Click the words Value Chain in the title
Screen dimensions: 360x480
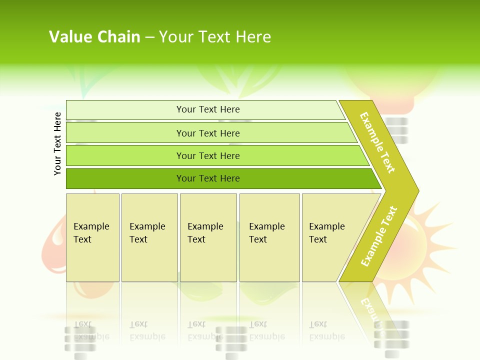coord(94,37)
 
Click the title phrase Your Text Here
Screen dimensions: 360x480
coord(215,37)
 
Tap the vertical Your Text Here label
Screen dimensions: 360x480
coord(57,143)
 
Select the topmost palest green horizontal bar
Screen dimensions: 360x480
coord(125,110)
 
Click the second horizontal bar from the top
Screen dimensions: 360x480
coord(125,133)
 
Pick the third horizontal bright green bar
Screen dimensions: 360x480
coord(125,155)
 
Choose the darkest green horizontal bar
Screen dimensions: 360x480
coord(125,178)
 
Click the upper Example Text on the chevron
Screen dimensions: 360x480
coord(377,142)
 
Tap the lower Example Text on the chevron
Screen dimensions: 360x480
coord(379,236)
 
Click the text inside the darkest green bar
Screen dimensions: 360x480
coord(208,178)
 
